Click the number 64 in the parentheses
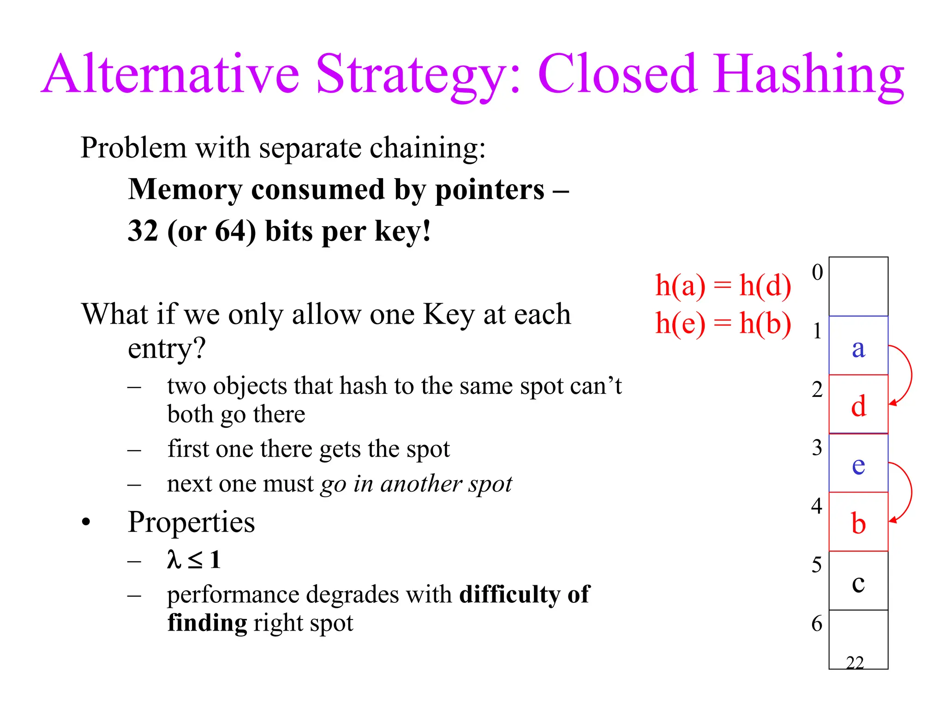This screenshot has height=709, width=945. pyautogui.click(x=230, y=231)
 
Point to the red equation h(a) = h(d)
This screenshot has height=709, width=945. pyautogui.click(x=723, y=285)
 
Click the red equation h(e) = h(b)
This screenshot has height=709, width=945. pyautogui.click(x=723, y=323)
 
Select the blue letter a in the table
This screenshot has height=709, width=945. pyautogui.click(x=858, y=348)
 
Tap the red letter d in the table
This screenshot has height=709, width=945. pyautogui.click(x=858, y=406)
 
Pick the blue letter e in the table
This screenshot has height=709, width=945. pyautogui.click(x=858, y=465)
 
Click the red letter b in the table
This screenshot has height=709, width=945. pyautogui.click(x=858, y=523)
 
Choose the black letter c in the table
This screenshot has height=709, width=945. pyautogui.click(x=858, y=583)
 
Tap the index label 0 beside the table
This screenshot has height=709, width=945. pyautogui.click(x=817, y=272)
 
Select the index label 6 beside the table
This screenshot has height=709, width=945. pyautogui.click(x=817, y=624)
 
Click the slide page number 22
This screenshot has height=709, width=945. pyautogui.click(x=855, y=663)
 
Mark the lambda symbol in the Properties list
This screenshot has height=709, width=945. pyautogui.click(x=173, y=559)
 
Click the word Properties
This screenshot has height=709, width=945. pyautogui.click(x=191, y=522)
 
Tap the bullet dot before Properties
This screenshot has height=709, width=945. pyautogui.click(x=86, y=523)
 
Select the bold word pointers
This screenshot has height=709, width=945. pyautogui.click(x=490, y=190)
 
